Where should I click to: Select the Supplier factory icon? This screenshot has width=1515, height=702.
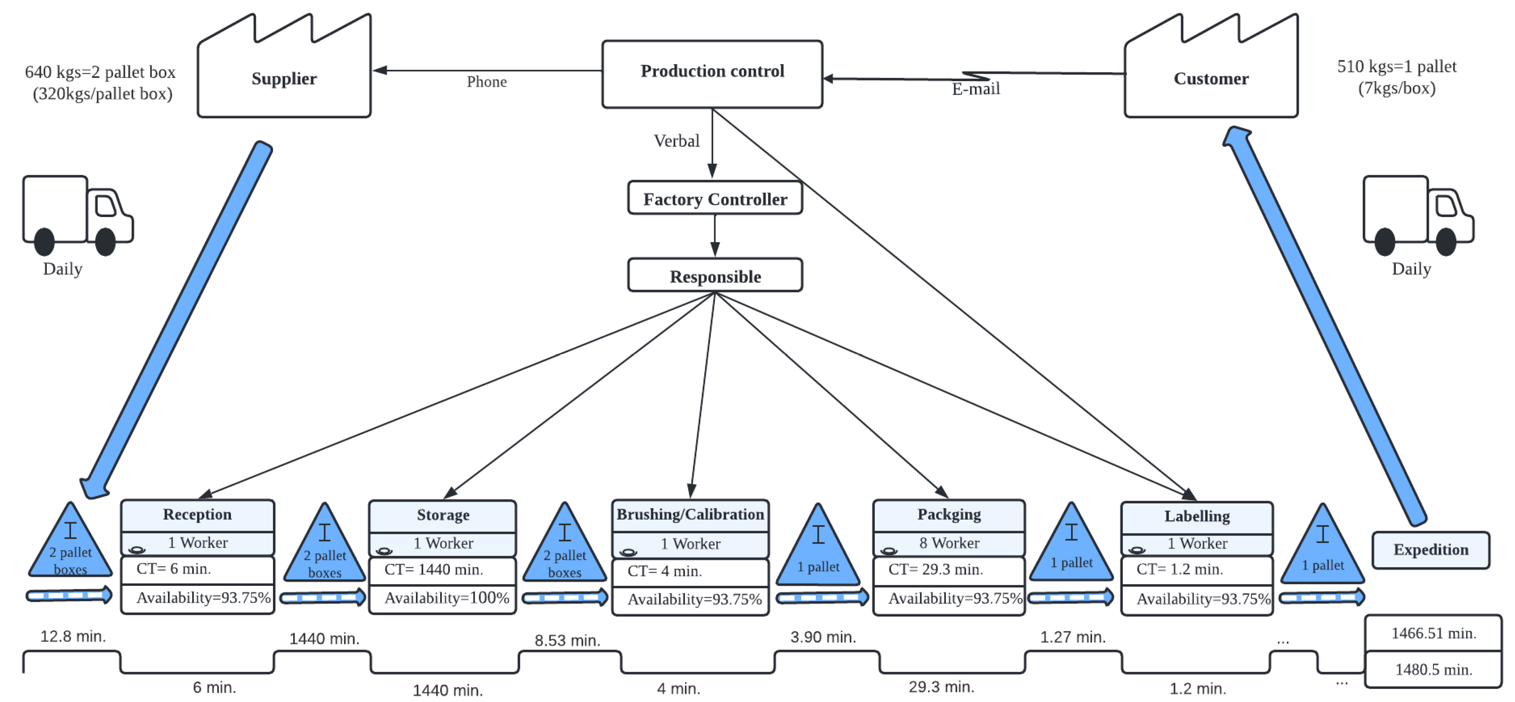coord(284,73)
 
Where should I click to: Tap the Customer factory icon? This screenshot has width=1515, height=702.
coord(1210,73)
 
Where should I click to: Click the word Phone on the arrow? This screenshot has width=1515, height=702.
coord(486,82)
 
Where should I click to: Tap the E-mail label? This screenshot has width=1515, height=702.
coord(976,89)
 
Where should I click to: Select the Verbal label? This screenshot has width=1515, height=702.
coord(676,141)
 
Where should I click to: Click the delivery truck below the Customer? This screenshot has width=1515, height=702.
coord(1418,215)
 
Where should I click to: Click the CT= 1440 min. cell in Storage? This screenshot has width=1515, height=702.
coord(442,570)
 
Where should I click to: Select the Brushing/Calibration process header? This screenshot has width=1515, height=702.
coord(690,514)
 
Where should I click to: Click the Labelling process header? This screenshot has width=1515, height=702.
coord(1197,516)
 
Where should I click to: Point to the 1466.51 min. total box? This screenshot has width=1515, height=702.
coord(1433,633)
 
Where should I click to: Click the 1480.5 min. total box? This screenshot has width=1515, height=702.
coord(1433,670)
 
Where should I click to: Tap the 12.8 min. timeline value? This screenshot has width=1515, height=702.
coord(73,636)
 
